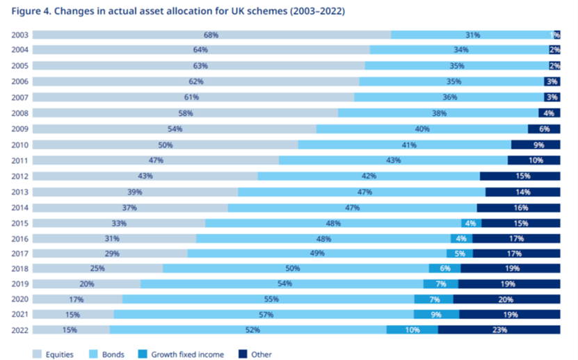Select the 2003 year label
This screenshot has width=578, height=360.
tap(20, 35)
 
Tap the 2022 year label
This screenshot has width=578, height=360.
tap(20, 330)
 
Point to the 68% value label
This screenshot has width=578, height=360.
tap(211, 35)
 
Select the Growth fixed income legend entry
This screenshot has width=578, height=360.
tap(184, 354)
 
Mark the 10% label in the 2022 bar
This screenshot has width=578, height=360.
tap(412, 330)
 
